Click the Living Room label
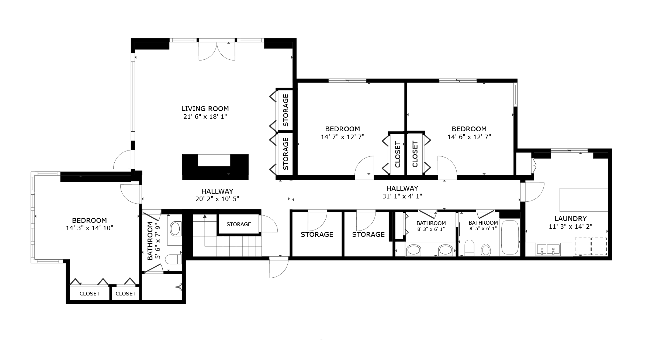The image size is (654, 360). tap(205, 109)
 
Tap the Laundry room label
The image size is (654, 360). tap(570, 218)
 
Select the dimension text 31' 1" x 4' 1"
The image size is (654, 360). tap(402, 196)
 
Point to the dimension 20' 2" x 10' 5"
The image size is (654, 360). tap(217, 199)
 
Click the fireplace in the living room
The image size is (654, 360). tap(215, 167)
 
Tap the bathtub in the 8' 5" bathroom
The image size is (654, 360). tap(509, 238)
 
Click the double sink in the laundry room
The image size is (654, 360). tap(548, 249)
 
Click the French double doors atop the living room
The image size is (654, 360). tap(217, 51)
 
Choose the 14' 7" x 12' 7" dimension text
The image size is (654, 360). tap(342, 136)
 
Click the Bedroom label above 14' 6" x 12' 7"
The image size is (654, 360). tap(469, 129)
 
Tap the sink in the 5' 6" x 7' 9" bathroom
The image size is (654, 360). tap(175, 229)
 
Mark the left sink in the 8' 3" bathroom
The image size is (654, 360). tap(413, 250)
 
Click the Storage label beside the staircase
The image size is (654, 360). tap(239, 224)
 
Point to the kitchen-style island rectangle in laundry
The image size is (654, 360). tap(584, 200)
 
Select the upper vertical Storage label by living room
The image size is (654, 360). tap(286, 110)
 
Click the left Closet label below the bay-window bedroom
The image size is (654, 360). tap(90, 294)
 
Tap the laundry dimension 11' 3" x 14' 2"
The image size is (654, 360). tap(570, 226)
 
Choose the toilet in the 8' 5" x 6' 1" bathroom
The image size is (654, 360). tap(469, 248)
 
